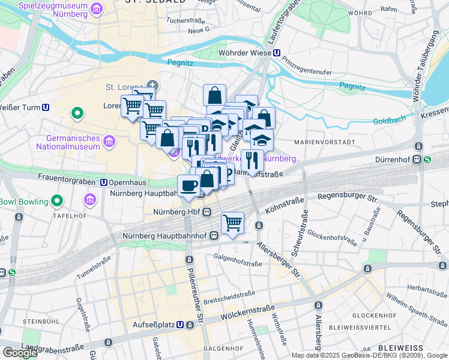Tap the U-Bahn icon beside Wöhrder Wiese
276,53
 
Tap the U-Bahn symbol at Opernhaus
103,182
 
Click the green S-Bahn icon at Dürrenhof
427,160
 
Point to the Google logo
20,353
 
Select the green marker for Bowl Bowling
57,200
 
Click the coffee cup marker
189,187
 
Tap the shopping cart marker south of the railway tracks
232,223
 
